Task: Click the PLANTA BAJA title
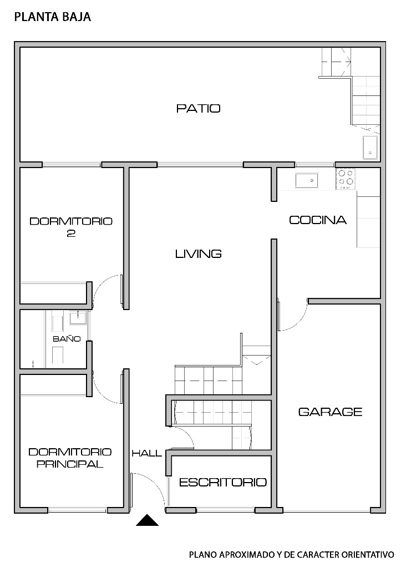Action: tap(53, 17)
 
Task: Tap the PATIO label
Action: tap(199, 108)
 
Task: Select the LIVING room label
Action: tap(199, 253)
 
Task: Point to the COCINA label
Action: tap(318, 220)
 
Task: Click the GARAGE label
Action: tap(331, 412)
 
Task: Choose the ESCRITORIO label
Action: tap(223, 482)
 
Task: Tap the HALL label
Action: tap(147, 453)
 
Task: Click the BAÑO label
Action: tap(67, 339)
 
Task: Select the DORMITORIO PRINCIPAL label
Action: tap(70, 458)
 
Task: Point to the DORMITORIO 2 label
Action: tap(71, 227)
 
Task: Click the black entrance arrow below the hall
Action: tap(148, 520)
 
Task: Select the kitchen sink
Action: tap(307, 180)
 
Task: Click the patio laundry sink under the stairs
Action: tap(370, 148)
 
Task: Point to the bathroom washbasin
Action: tap(78, 318)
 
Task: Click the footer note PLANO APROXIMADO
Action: tap(292, 555)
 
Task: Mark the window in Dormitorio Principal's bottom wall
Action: tap(78, 510)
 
